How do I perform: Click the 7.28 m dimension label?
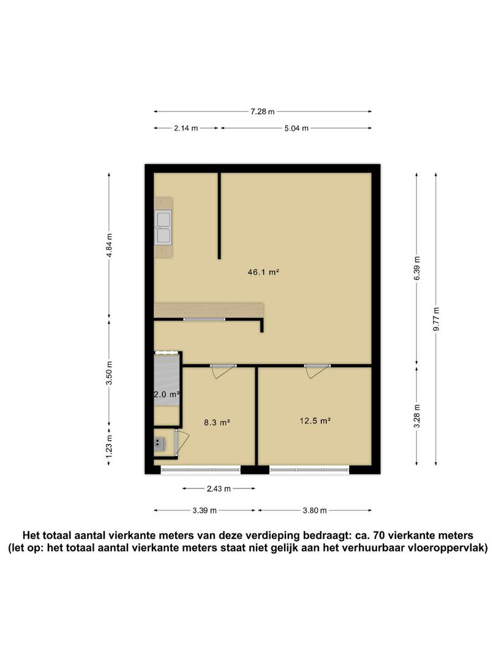[262, 112]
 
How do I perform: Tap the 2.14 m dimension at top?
[186, 128]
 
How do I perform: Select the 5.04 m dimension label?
[296, 128]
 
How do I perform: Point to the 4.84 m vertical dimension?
[109, 245]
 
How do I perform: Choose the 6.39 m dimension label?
[417, 268]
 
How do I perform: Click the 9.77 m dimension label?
[436, 319]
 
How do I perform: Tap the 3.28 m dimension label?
[417, 416]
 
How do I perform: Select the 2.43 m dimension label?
[219, 489]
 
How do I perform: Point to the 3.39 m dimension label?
[205, 511]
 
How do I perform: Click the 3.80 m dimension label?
[315, 511]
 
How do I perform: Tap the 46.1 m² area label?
[263, 272]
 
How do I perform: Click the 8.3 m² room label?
[217, 422]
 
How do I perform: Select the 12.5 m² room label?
[315, 421]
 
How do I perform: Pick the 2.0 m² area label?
[167, 395]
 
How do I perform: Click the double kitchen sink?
[163, 228]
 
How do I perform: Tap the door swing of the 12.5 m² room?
[317, 371]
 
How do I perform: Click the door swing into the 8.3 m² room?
[224, 371]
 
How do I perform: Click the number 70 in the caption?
[379, 536]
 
